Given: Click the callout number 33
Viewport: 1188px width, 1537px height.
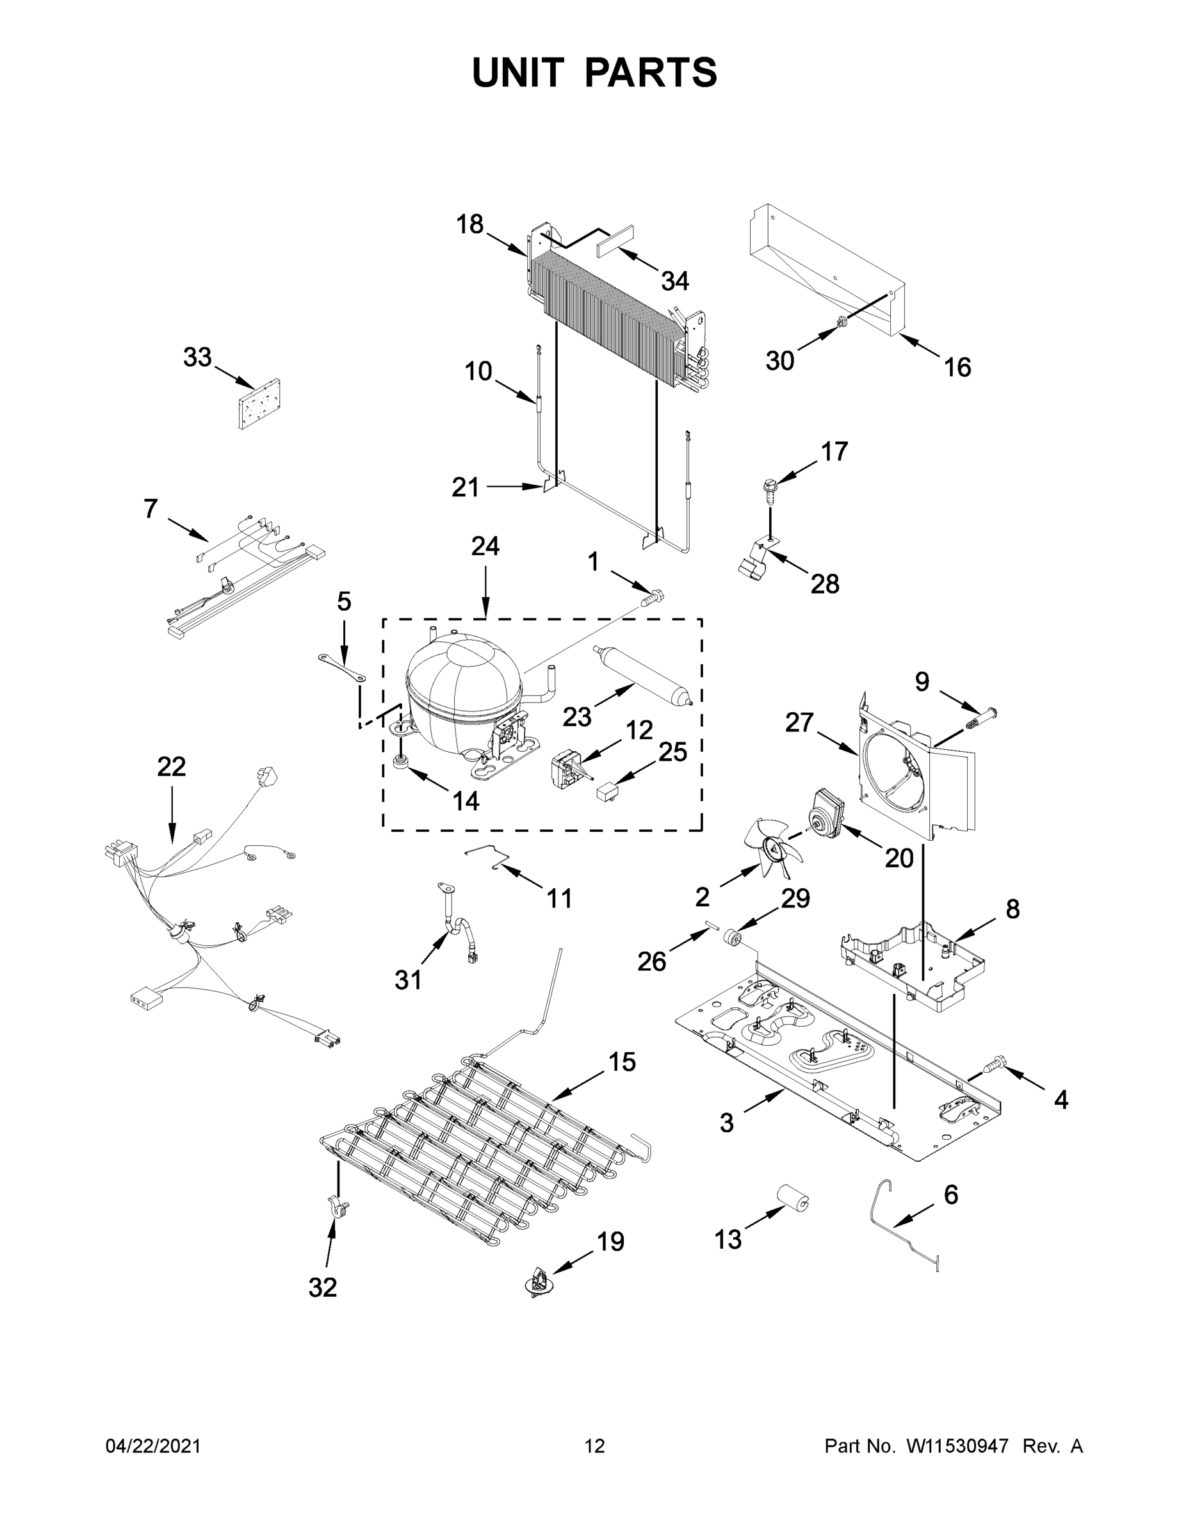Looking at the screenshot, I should (x=197, y=357).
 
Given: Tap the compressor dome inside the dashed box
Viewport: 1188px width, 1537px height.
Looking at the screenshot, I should (x=462, y=686).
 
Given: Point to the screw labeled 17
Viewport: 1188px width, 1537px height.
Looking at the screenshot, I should (x=767, y=490).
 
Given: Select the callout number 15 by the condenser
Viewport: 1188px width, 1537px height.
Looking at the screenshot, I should (x=621, y=1062).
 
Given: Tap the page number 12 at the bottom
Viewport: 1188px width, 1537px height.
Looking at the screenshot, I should (x=595, y=1446).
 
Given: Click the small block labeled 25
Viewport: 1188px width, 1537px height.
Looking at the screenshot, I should (x=606, y=793).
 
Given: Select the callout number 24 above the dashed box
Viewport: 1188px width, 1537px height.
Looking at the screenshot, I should (x=485, y=546).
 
